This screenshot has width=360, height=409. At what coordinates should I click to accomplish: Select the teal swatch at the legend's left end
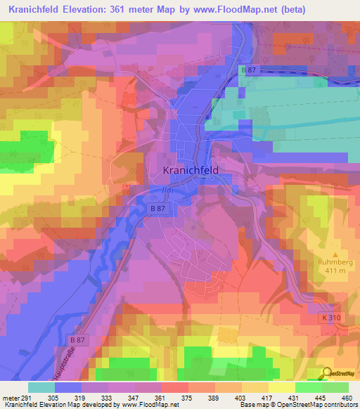41,387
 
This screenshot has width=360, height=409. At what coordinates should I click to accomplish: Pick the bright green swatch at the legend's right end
335,387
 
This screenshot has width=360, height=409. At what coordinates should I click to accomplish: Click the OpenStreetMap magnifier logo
327,373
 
